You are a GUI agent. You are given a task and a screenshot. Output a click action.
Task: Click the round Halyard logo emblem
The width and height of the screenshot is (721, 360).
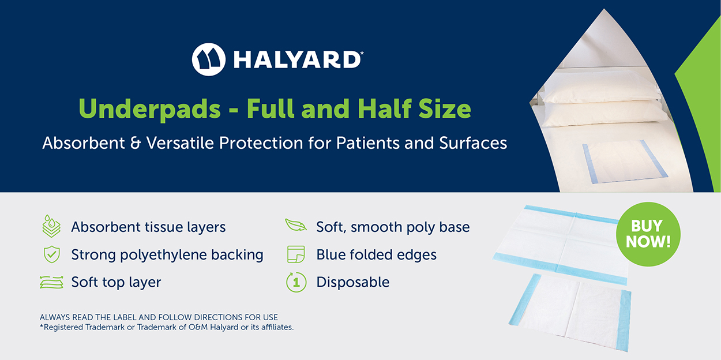tap(209, 59)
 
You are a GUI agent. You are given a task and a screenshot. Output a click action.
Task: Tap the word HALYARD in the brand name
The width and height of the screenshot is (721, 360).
tap(297, 60)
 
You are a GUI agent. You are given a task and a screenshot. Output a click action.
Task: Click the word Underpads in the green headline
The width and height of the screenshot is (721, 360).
tap(149, 110)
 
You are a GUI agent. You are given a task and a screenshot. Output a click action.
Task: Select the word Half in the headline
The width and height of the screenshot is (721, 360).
tap(384, 108)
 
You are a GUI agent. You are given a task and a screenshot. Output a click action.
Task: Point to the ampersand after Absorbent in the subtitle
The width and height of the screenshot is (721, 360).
tap(136, 142)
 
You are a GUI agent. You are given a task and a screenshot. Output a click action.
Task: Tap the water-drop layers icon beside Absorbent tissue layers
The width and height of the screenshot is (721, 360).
tap(51, 226)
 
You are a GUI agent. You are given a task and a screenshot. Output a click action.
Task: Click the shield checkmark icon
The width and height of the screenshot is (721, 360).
tap(52, 254)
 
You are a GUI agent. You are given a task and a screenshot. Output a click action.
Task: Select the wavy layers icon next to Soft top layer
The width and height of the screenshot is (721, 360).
tap(51, 282)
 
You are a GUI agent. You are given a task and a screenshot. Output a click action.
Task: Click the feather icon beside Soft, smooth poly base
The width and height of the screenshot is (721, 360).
tap(296, 225)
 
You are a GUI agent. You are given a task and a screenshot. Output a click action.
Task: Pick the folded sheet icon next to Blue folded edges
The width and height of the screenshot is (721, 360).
tap(296, 254)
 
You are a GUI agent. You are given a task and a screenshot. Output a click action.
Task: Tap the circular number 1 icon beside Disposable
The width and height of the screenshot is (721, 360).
tap(296, 282)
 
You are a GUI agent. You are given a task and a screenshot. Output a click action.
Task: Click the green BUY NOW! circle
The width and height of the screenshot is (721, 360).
tap(648, 234)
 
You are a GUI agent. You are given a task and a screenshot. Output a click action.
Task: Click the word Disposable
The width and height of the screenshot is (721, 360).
tap(353, 282)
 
